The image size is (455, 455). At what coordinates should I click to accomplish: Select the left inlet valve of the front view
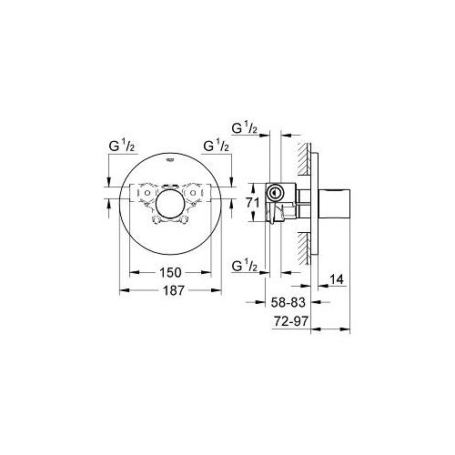click(144, 197)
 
